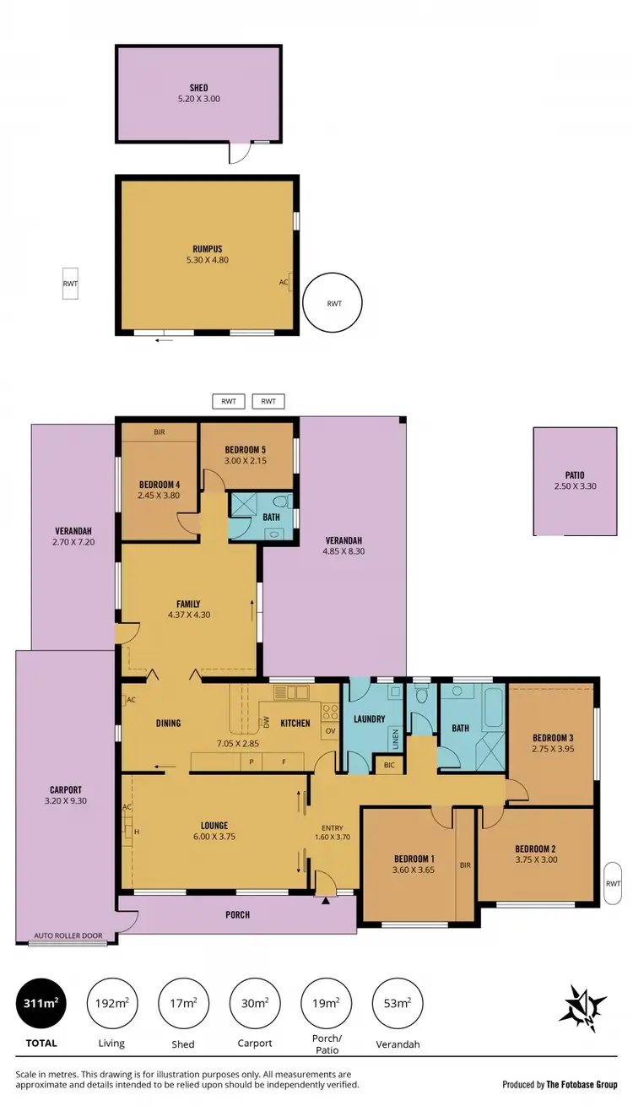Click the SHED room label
click(198, 88)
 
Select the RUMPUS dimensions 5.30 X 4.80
click(207, 260)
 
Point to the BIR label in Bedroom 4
click(159, 432)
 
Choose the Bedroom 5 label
click(246, 449)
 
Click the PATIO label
click(574, 475)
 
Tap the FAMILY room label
click(188, 604)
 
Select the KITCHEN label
click(295, 723)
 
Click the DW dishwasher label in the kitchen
click(266, 723)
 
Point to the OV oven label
click(330, 730)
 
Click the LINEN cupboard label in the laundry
click(394, 740)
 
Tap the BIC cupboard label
click(388, 765)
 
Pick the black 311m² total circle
click(41, 1003)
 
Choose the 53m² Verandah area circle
click(397, 1003)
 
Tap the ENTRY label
click(333, 828)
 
